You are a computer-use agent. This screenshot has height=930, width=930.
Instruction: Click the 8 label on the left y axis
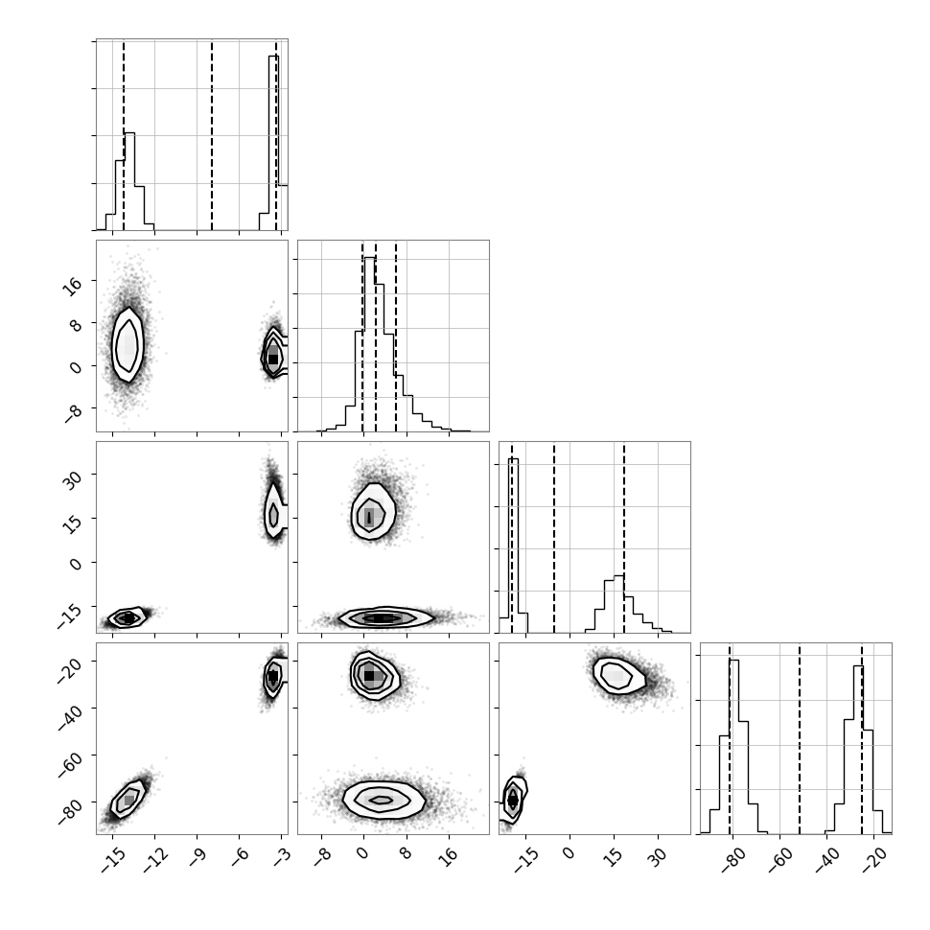(x=76, y=326)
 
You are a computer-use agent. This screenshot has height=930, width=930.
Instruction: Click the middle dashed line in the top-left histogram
(x=212, y=135)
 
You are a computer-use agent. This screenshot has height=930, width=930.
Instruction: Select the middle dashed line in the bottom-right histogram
(x=800, y=738)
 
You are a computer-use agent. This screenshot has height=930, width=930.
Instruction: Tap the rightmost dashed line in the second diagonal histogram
(x=396, y=337)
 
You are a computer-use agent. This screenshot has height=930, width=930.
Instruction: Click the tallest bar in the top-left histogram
(x=273, y=142)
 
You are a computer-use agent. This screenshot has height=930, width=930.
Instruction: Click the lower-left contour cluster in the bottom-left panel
(x=128, y=799)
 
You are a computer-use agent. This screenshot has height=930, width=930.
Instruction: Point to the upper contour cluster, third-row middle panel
(x=372, y=511)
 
